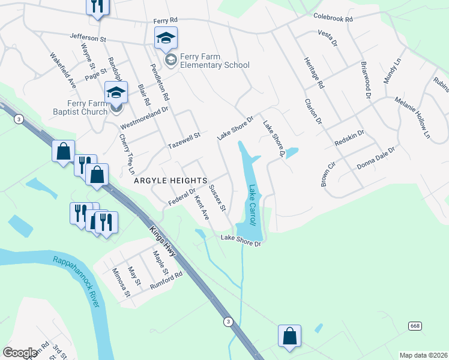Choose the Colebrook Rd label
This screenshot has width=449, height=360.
click(x=333, y=19)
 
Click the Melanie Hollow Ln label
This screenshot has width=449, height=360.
click(x=413, y=116)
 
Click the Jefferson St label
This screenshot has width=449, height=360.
click(x=88, y=37)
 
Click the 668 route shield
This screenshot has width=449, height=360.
click(x=415, y=325)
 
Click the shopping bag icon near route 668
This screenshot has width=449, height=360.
click(x=289, y=337)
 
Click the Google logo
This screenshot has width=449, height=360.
click(x=20, y=353)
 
